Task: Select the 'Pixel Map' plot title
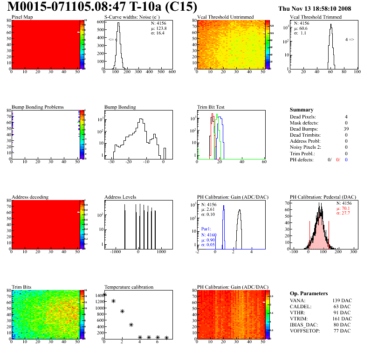pyautogui.click(x=22, y=17)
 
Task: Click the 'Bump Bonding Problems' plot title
pyautogui.click(x=38, y=107)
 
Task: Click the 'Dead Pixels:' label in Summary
pyautogui.click(x=302, y=117)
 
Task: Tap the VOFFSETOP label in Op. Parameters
pyautogui.click(x=306, y=331)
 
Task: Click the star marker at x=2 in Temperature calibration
pyautogui.click(x=122, y=311)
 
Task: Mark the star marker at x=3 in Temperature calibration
pyautogui.click(x=131, y=325)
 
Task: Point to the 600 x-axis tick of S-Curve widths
pyautogui.click(x=172, y=72)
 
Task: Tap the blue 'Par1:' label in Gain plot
pyautogui.click(x=206, y=229)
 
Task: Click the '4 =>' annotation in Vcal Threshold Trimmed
pyautogui.click(x=349, y=40)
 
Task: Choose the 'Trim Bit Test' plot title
pyautogui.click(x=211, y=107)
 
